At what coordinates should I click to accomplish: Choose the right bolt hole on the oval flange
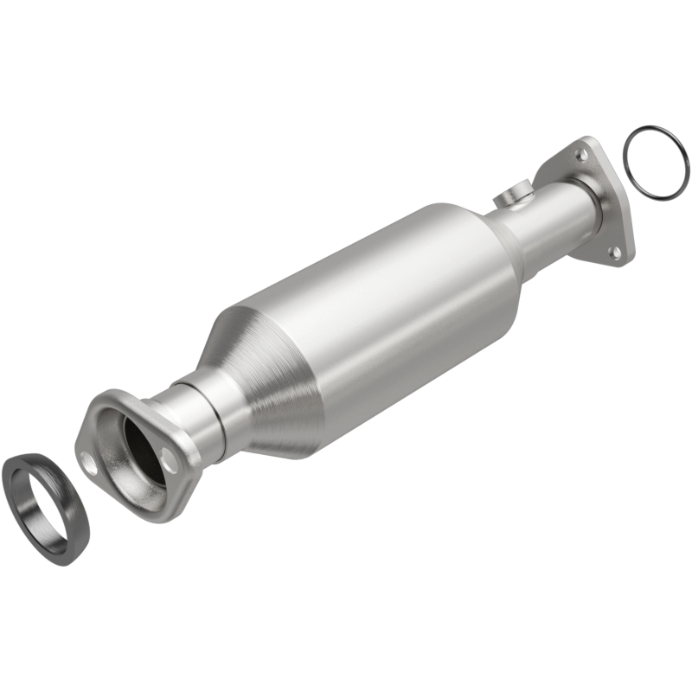click(167, 465)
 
